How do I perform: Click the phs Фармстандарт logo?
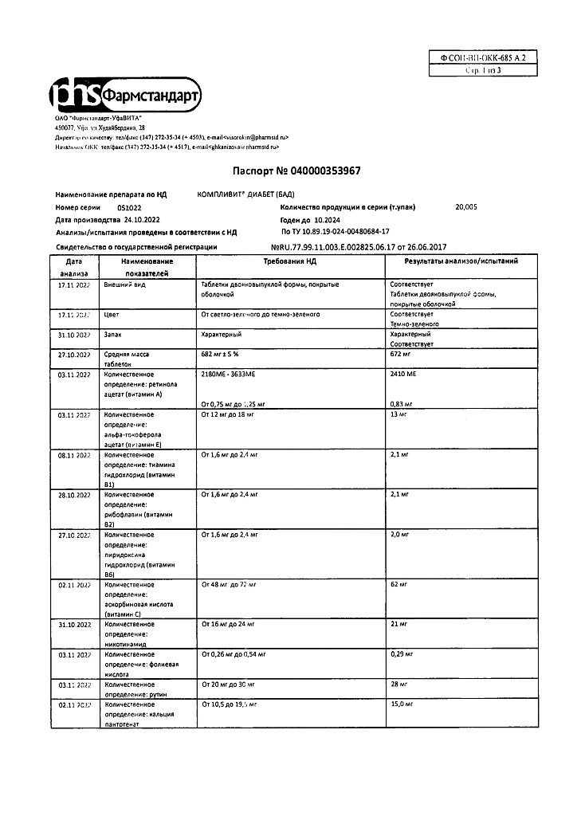point(126,95)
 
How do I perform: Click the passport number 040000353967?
point(289,171)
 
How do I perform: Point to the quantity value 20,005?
point(466,206)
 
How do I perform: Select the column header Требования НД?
point(290,261)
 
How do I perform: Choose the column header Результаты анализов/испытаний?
point(461,261)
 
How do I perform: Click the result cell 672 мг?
point(402,353)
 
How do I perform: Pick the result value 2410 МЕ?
point(404,373)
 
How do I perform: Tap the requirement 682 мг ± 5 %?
point(227,353)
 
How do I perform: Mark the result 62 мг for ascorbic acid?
point(399,585)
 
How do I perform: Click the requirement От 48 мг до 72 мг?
point(229,585)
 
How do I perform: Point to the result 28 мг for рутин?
point(399,684)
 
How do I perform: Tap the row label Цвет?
point(112,315)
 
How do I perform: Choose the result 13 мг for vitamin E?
point(399,415)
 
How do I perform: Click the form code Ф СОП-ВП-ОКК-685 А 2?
point(484,58)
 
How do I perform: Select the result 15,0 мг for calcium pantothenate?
point(402,704)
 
